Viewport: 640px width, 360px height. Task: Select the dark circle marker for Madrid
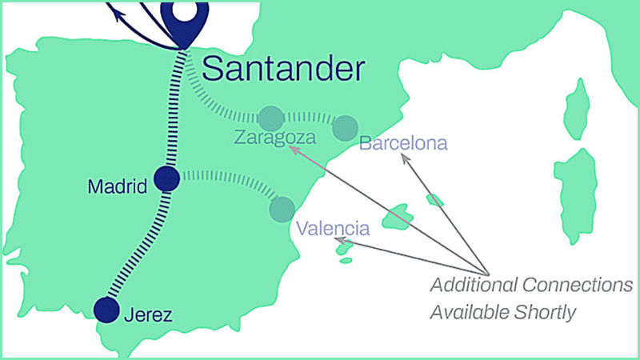tap(166, 179)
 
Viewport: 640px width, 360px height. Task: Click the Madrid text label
tap(118, 187)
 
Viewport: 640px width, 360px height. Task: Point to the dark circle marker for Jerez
tap(106, 309)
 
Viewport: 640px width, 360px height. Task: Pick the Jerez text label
tap(148, 314)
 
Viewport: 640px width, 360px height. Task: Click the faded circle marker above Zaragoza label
tap(270, 116)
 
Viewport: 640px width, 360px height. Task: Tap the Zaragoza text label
tap(274, 138)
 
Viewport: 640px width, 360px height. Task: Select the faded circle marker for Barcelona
tap(345, 126)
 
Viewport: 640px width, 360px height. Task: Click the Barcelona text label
tap(403, 145)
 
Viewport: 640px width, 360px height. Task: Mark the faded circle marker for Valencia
tap(282, 209)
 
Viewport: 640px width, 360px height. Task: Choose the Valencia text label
tap(333, 229)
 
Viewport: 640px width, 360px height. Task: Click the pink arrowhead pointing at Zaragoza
tap(292, 148)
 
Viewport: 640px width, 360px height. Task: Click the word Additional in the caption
tap(472, 286)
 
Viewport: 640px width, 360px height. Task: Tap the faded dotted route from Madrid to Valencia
tap(232, 177)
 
